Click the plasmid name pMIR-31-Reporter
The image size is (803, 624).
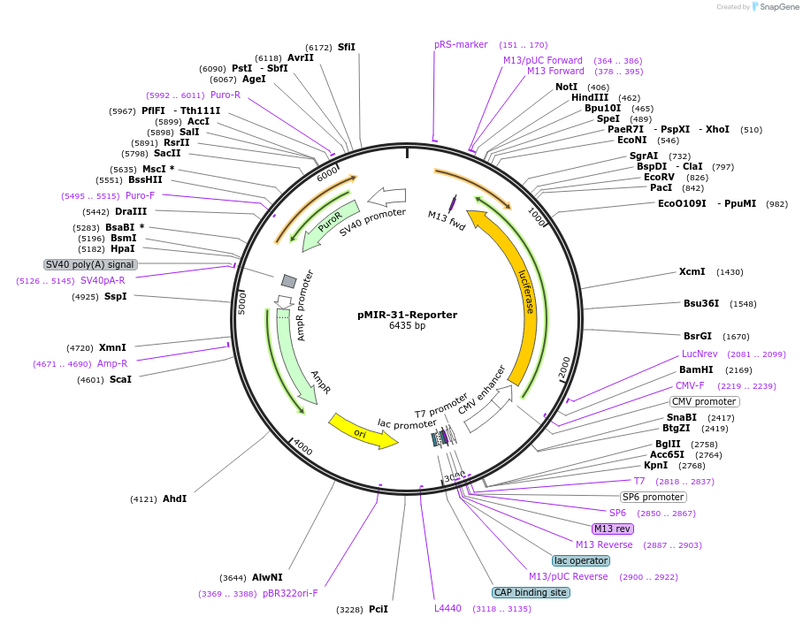(x=407, y=314)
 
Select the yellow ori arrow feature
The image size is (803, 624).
(x=362, y=431)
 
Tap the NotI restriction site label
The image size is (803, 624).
(x=566, y=87)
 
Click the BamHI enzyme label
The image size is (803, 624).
(x=696, y=369)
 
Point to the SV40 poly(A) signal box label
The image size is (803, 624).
(x=90, y=264)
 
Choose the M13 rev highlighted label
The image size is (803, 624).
(x=612, y=529)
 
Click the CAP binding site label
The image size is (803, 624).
(x=531, y=592)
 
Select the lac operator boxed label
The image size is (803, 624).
(x=580, y=560)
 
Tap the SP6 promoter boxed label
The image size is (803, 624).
(x=654, y=497)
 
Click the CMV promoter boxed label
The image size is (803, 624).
(x=704, y=401)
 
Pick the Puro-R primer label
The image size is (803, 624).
(x=225, y=95)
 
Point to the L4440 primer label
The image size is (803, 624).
(x=447, y=608)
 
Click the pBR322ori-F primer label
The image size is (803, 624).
(x=290, y=593)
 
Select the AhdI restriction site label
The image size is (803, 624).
(x=174, y=498)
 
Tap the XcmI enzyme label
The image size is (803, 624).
(x=692, y=272)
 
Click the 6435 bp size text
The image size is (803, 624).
(x=407, y=326)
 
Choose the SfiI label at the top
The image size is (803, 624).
(x=346, y=47)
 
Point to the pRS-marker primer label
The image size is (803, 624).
(x=461, y=44)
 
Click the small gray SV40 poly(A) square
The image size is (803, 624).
(x=288, y=281)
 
